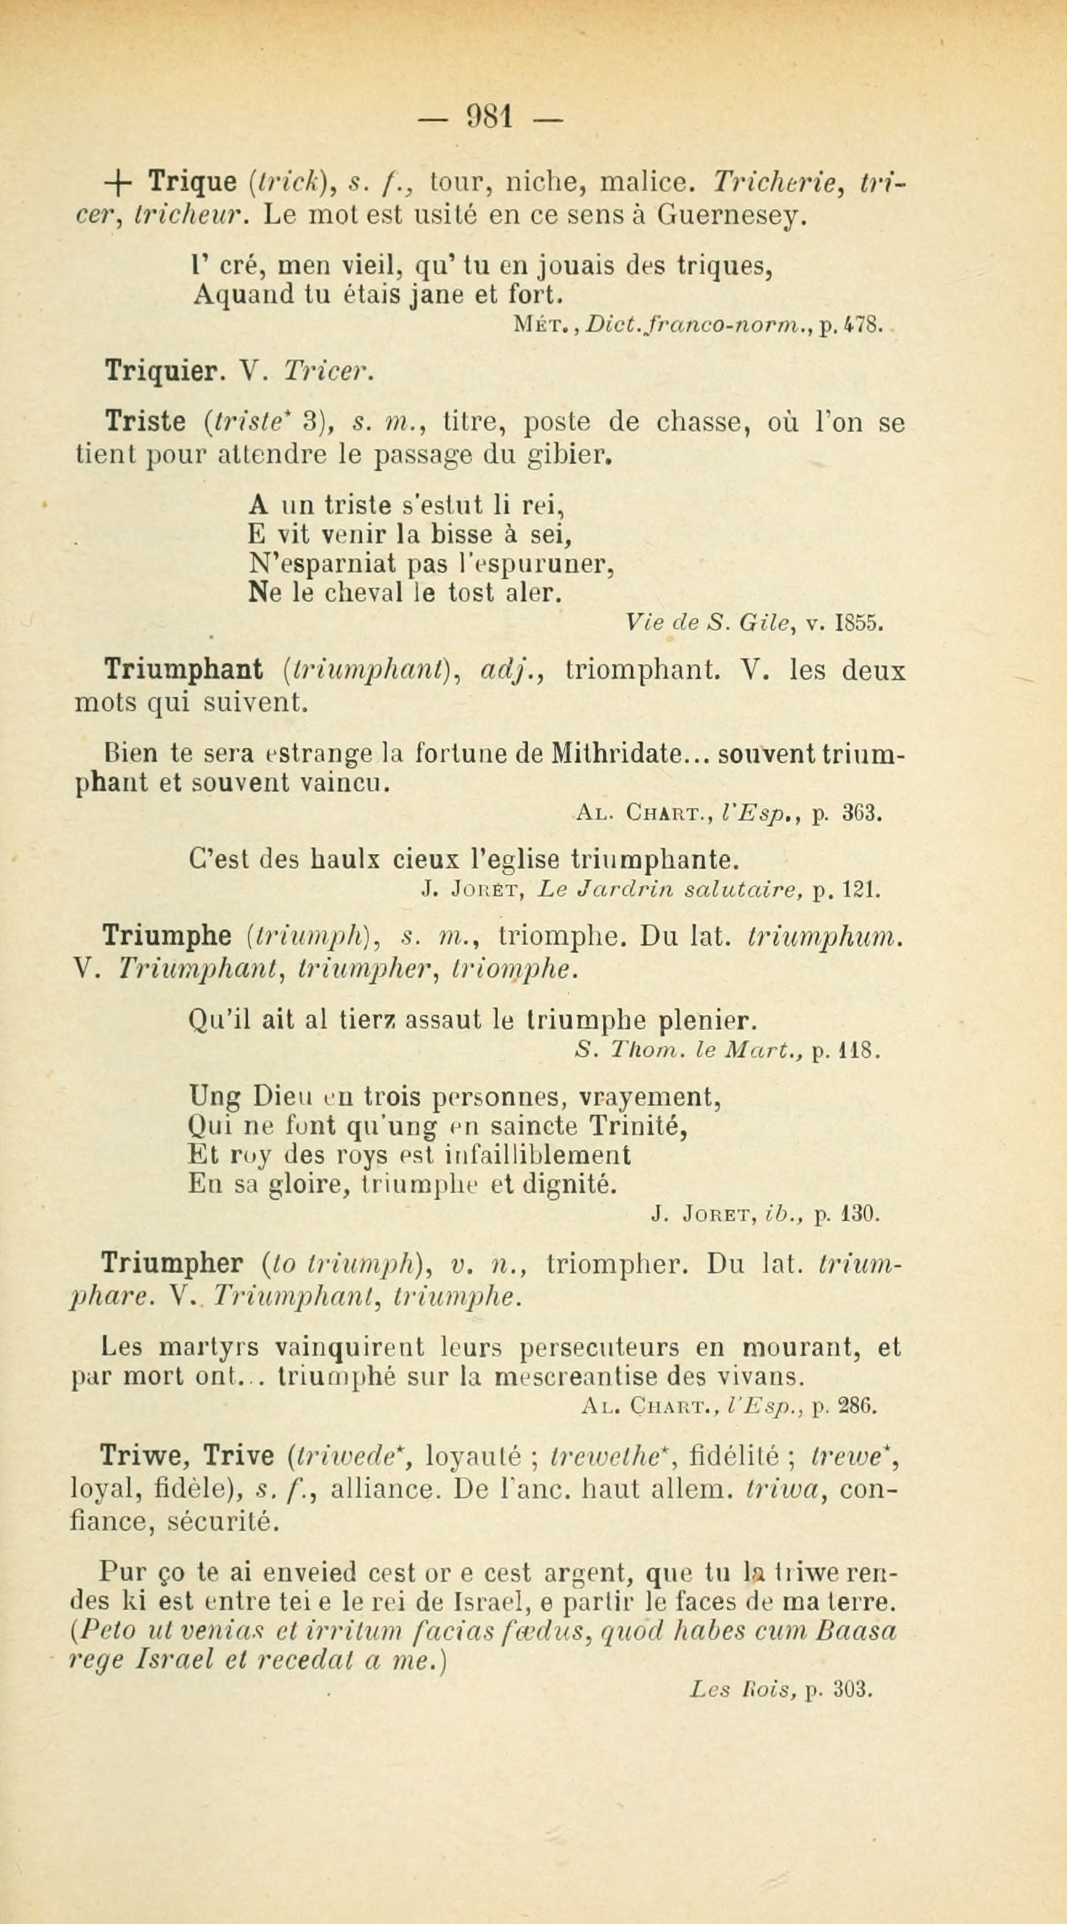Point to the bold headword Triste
click(145, 423)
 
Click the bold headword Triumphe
click(166, 936)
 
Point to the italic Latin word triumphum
click(824, 936)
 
